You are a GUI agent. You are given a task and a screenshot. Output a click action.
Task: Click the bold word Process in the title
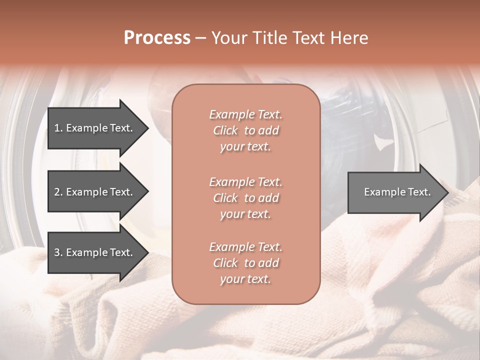(157, 38)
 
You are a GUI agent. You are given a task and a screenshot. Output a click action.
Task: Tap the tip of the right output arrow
(447, 192)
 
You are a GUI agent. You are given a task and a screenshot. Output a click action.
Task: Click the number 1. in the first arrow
(58, 128)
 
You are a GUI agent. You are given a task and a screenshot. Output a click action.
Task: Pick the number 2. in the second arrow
(58, 192)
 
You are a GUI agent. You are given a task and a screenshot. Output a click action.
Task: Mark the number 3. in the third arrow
(58, 252)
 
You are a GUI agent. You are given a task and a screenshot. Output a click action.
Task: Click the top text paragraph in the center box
(245, 130)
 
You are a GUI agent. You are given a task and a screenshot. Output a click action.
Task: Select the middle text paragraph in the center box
(245, 198)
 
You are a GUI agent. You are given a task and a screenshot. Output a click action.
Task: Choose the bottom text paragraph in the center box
(245, 263)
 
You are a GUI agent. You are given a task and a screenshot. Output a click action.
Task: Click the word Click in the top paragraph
(225, 130)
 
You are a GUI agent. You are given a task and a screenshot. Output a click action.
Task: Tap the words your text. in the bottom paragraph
(245, 279)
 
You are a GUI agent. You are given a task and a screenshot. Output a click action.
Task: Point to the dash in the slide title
(201, 38)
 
